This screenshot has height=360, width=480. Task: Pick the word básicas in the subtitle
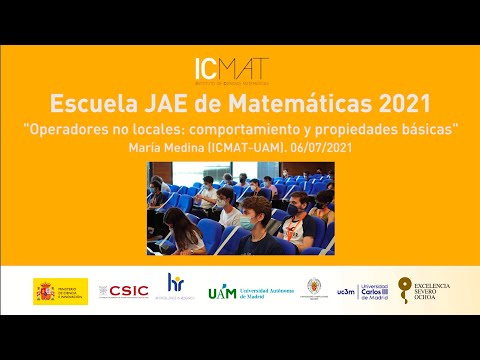click(428, 129)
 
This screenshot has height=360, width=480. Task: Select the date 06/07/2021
click(322, 147)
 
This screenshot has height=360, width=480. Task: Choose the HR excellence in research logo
click(176, 288)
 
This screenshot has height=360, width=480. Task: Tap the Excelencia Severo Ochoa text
click(434, 291)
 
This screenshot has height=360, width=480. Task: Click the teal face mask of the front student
click(247, 222)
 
